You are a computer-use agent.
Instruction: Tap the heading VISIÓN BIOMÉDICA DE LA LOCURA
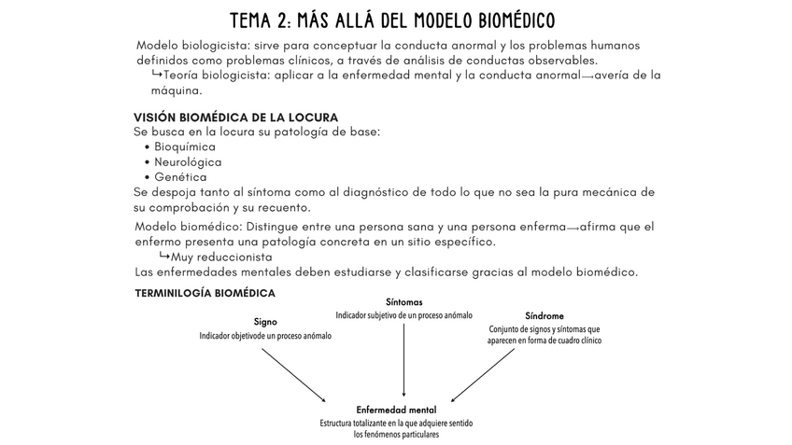(235, 117)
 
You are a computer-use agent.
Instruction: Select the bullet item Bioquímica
(185, 146)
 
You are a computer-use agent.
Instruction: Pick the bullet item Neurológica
(188, 161)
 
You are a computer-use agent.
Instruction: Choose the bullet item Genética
(180, 176)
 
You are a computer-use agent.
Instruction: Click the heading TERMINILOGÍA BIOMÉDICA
(205, 292)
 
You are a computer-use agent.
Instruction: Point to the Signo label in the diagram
(264, 322)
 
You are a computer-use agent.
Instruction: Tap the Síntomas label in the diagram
(403, 302)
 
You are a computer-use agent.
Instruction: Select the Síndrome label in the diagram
(544, 316)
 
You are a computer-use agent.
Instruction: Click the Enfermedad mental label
(396, 410)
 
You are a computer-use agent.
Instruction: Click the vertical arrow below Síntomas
(403, 359)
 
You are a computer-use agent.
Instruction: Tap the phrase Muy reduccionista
(221, 257)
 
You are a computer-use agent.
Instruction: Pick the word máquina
(177, 91)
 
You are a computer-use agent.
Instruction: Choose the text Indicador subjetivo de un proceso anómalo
(403, 315)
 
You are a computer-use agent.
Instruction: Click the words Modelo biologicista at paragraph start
(192, 46)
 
